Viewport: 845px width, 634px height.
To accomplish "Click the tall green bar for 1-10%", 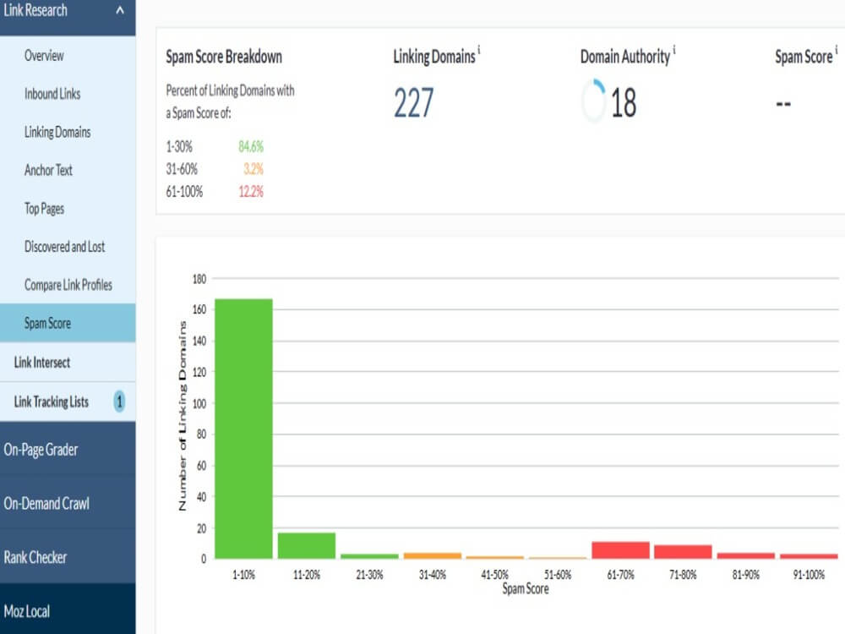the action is [243, 429].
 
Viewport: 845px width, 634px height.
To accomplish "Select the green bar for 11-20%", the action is [307, 545].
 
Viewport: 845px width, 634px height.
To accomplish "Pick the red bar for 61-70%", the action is [620, 550].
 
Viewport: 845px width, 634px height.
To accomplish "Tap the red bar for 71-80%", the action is [683, 552].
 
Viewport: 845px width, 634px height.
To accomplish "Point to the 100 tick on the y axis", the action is [199, 404].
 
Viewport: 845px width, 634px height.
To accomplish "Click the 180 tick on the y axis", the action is [199, 279].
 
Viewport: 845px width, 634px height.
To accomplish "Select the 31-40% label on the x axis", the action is [432, 575].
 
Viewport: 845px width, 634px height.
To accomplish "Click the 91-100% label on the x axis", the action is [809, 575].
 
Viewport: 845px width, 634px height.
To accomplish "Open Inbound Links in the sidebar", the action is [52, 94].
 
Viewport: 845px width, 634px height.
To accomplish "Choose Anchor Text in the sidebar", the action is [48, 171].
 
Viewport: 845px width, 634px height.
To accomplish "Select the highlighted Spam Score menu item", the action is [47, 324].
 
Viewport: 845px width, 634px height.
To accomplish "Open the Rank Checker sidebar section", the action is [35, 557].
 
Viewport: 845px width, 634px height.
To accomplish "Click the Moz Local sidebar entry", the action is [27, 611].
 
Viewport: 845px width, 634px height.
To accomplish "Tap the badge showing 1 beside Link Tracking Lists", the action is [119, 402].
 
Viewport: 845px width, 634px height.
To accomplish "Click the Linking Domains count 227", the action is [413, 103].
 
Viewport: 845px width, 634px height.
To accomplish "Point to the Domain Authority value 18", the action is [624, 103].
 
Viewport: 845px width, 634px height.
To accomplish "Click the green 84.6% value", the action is [251, 146].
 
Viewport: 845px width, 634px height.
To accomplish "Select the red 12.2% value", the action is [251, 192].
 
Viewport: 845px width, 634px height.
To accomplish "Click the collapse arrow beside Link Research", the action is [120, 9].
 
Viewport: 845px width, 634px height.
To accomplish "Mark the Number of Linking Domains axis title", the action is [183, 416].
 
